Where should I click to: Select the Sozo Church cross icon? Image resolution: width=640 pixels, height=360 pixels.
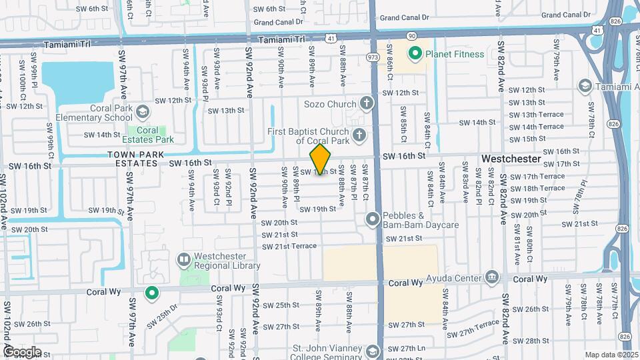pos(366,103)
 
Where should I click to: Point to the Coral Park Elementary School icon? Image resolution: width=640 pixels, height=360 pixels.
pos(142,111)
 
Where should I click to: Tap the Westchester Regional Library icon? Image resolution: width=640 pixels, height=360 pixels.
pos(183,259)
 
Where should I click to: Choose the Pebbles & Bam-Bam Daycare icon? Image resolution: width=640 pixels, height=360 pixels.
pos(372,218)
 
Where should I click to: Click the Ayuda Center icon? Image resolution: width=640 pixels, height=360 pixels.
pos(492,276)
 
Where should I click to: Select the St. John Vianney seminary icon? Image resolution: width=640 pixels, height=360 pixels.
pos(372,351)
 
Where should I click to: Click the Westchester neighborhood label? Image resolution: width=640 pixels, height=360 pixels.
pos(511,159)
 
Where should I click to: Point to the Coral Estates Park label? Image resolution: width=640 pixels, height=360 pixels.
pos(148,135)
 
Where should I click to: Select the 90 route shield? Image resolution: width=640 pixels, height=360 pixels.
pos(411,35)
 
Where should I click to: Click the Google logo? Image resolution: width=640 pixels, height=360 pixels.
pos(22,351)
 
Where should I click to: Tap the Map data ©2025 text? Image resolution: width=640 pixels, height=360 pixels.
pos(611,355)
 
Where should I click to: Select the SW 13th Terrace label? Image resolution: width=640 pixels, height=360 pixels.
pos(536,115)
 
